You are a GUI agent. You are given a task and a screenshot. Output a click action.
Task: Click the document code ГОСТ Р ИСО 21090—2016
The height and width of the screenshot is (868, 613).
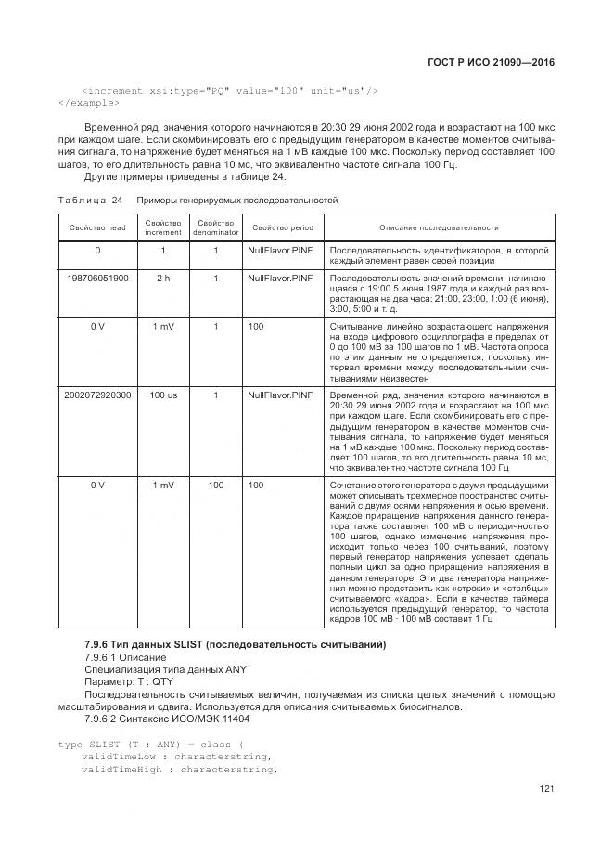499,62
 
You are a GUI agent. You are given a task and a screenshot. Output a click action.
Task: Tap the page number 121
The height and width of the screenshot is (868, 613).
545,790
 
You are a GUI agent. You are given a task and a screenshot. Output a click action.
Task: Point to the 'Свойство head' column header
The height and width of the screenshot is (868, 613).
97,227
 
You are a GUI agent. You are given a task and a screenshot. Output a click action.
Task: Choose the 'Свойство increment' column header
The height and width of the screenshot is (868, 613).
163,227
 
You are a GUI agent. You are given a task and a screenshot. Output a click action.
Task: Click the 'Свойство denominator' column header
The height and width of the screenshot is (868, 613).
215,227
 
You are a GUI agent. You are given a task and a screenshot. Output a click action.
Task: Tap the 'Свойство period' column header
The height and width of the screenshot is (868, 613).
283,227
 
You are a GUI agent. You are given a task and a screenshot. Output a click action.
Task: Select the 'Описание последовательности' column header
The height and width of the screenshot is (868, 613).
439,227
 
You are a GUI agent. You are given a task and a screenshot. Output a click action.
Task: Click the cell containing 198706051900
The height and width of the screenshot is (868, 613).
97,278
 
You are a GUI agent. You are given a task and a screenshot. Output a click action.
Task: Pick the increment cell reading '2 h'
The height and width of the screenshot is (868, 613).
163,278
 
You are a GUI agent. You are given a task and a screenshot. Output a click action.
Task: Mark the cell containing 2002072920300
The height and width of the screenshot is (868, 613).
97,395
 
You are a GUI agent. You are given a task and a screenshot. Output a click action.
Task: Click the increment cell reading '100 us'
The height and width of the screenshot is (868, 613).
163,395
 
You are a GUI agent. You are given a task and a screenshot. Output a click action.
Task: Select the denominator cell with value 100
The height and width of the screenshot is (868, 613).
215,485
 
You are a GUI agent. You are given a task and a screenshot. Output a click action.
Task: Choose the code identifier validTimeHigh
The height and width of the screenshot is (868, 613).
120,769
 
